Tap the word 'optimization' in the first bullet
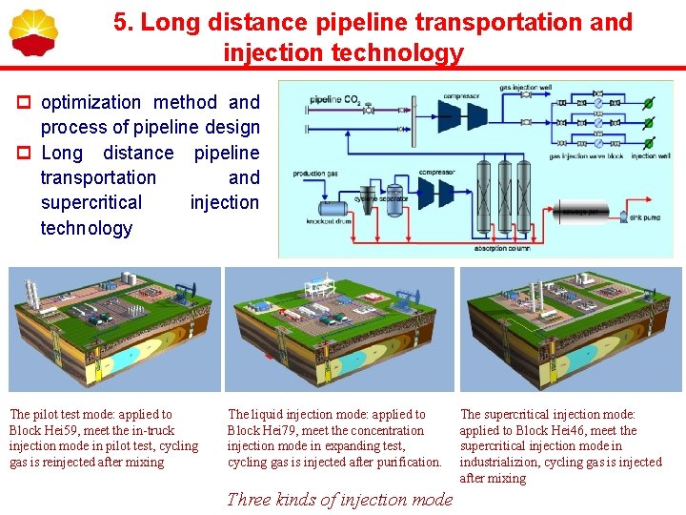tap(92, 102)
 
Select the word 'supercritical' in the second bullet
tap(91, 202)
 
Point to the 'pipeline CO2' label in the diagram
tap(336, 99)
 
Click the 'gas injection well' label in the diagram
tap(525, 88)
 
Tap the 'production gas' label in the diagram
tap(315, 173)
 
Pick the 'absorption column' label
tap(504, 248)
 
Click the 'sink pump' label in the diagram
tap(644, 218)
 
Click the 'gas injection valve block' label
tap(585, 155)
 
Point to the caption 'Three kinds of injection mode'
tap(339, 500)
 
